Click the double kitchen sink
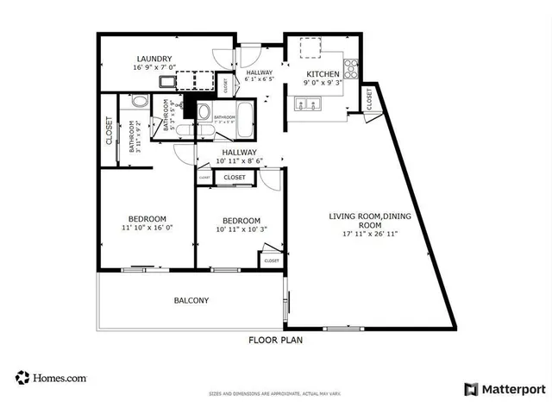click(306, 104)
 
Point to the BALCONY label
click(191, 300)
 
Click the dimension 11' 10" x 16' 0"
click(148, 229)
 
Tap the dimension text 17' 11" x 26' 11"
click(362, 233)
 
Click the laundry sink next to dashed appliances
click(167, 82)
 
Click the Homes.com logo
click(52, 378)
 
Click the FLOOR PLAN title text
click(275, 340)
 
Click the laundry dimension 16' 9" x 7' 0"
click(154, 68)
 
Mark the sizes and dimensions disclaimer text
click(275, 394)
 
